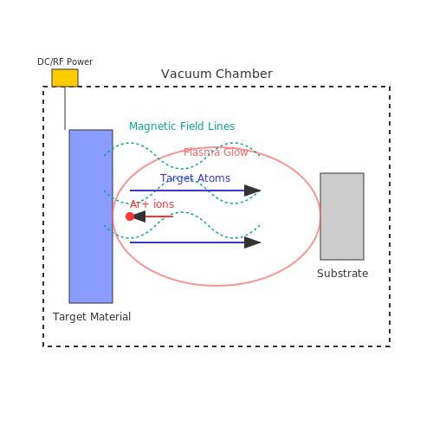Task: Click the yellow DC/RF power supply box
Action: (65, 78)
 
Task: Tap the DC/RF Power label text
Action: (65, 61)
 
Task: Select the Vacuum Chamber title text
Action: (216, 74)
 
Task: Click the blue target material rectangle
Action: (91, 216)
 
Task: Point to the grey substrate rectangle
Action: (342, 216)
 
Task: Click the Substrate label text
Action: (342, 274)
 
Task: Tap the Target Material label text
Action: (92, 317)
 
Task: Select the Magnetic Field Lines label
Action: (182, 126)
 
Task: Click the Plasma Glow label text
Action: (216, 152)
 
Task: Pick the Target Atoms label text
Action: (195, 178)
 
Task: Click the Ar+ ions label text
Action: (152, 204)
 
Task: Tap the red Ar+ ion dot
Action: (130, 216)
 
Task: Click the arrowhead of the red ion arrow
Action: (139, 216)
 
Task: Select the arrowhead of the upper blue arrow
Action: (252, 191)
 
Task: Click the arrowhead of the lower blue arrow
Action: (252, 242)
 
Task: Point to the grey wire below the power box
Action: (65, 108)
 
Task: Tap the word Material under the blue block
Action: (110, 317)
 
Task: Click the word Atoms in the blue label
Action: (214, 178)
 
